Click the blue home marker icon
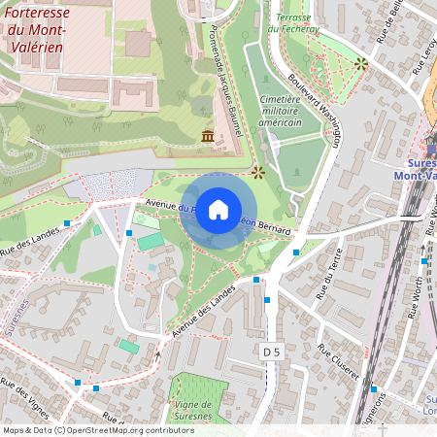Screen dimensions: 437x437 tap(218, 211)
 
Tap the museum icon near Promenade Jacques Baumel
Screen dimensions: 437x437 tap(208, 136)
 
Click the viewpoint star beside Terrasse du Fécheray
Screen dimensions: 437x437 tap(361, 63)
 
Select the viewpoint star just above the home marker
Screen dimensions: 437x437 tap(258, 173)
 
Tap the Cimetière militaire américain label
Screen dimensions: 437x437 tap(282, 111)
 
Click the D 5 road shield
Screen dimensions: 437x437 tap(271, 350)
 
